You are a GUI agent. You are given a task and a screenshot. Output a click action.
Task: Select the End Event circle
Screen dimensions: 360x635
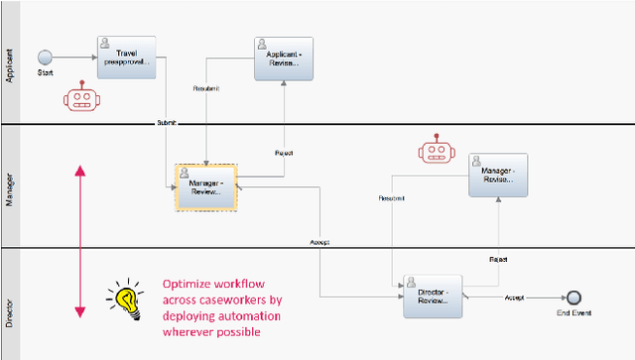572,297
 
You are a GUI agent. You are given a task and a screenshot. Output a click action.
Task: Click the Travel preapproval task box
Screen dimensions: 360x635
128,58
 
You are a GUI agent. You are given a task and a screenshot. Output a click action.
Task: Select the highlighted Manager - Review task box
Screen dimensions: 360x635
206,185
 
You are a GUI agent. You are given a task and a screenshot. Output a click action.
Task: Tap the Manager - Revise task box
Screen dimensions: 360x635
498,176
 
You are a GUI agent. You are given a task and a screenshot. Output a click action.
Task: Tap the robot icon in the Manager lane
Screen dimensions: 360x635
436,151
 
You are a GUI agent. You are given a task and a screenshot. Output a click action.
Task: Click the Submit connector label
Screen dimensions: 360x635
166,123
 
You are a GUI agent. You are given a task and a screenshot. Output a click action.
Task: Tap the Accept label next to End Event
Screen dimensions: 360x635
514,297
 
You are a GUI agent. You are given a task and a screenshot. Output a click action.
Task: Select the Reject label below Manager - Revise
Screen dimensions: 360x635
498,258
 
